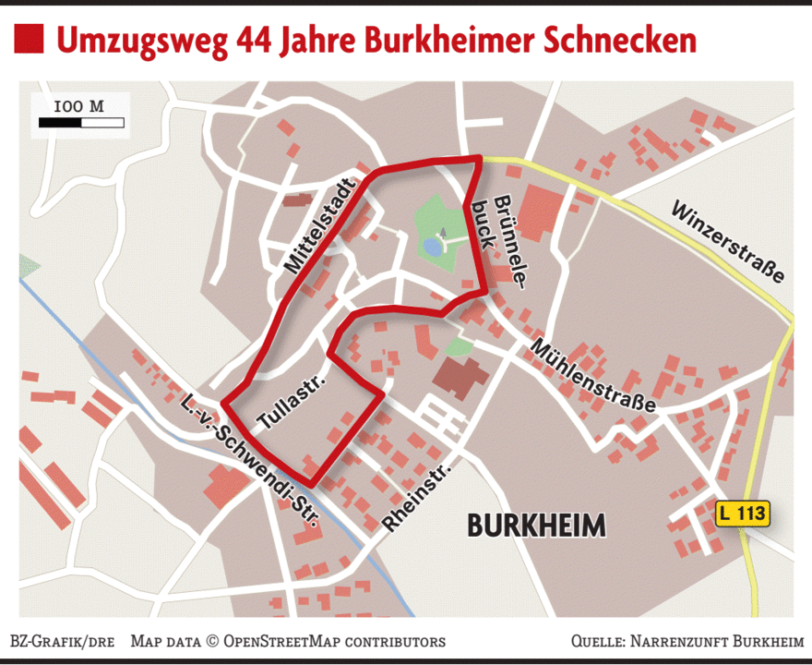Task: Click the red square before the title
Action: click(x=29, y=40)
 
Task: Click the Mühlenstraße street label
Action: click(x=591, y=374)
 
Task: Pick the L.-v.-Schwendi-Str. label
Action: click(x=250, y=460)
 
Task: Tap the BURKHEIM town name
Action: click(x=536, y=526)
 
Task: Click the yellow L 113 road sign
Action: click(x=742, y=514)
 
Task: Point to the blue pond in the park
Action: click(x=432, y=246)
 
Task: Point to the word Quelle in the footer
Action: click(x=596, y=641)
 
